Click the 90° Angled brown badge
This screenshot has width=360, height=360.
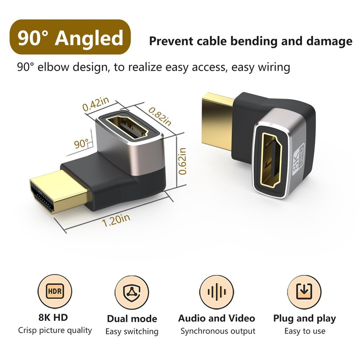(70, 38)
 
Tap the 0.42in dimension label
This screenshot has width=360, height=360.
(96, 105)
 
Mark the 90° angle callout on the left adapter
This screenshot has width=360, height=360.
(81, 144)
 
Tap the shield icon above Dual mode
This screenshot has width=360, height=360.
(132, 291)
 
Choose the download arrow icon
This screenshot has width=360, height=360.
(304, 291)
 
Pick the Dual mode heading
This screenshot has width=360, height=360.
(132, 319)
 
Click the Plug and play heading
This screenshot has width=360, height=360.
(304, 319)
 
